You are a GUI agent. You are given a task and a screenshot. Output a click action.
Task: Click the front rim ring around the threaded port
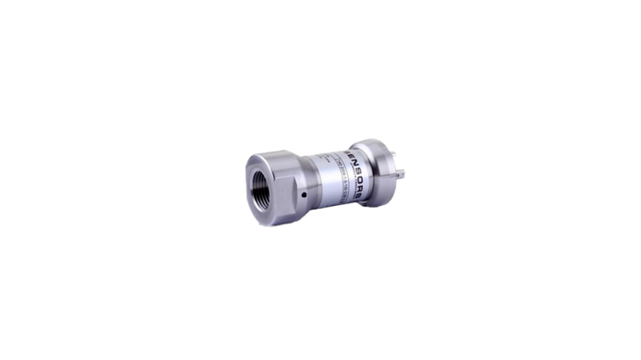(248, 182)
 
